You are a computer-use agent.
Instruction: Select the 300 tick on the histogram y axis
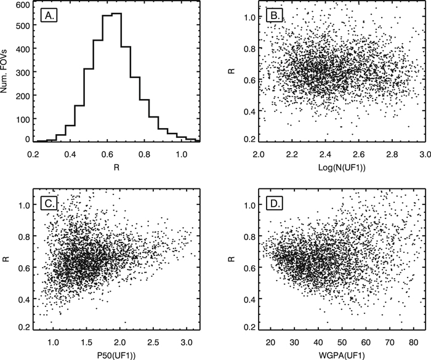coord(23,73)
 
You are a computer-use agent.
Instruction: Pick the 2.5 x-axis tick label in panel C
coord(154,338)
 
